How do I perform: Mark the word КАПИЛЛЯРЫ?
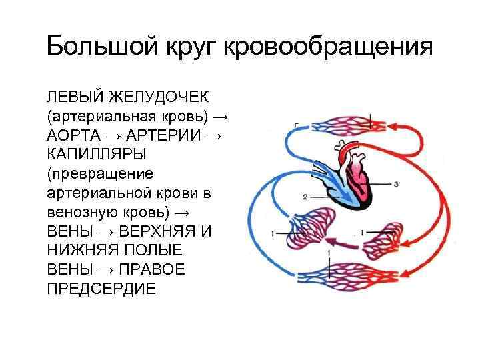pyautogui.click(x=95, y=155)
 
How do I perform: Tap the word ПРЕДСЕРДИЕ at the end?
pyautogui.click(x=101, y=289)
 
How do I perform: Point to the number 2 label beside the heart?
pyautogui.click(x=305, y=197)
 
